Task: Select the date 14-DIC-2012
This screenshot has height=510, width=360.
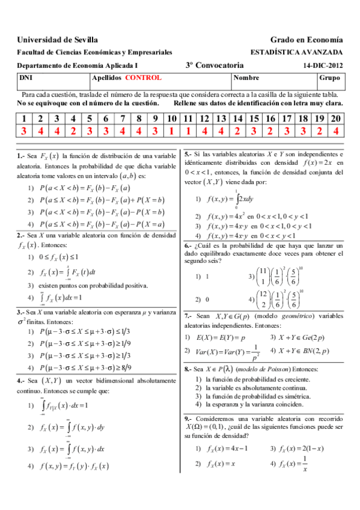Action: click(x=323, y=66)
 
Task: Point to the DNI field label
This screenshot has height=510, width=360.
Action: click(x=26, y=78)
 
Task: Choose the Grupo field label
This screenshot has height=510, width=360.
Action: click(x=330, y=78)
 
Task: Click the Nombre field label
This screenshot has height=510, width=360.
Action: click(x=246, y=78)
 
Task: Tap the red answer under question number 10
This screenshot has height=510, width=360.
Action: click(x=172, y=131)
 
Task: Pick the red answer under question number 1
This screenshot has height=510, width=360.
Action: click(x=24, y=131)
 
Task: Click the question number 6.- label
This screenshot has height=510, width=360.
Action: click(x=189, y=246)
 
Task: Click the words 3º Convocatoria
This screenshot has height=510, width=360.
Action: click(x=211, y=66)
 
